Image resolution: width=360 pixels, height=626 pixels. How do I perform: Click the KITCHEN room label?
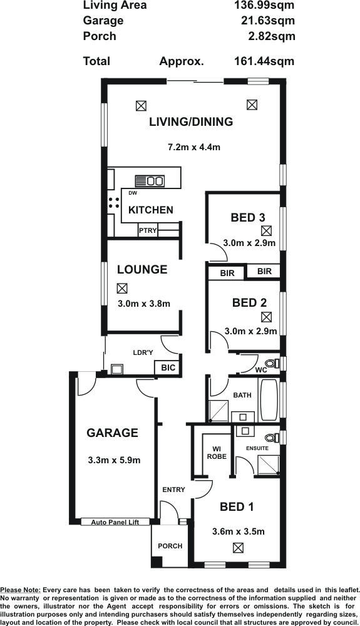[x=151, y=210]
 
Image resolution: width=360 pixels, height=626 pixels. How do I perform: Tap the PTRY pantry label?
[x=148, y=230]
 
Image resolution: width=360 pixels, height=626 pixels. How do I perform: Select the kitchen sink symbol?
[x=150, y=181]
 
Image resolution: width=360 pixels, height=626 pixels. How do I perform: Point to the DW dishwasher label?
[x=133, y=193]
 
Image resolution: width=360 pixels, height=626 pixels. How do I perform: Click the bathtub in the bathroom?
[x=269, y=400]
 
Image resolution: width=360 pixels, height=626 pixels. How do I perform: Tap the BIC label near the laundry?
[x=168, y=367]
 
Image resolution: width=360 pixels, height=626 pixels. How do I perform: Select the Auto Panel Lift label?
[x=115, y=522]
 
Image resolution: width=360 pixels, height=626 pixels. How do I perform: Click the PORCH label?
[x=170, y=546]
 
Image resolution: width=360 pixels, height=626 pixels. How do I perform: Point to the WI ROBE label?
[x=217, y=453]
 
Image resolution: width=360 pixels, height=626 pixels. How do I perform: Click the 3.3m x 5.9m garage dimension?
[x=114, y=460]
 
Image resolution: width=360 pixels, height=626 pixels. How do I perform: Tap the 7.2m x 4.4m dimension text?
[x=193, y=147]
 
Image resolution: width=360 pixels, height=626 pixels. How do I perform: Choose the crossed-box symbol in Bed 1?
[x=239, y=548]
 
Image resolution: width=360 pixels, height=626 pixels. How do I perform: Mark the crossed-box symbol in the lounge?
[x=122, y=288]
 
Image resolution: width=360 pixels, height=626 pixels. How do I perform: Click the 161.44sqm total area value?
[x=264, y=61]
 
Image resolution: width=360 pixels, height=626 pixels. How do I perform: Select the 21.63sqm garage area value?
[x=268, y=21]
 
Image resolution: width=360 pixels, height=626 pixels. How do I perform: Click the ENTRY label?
[x=173, y=490]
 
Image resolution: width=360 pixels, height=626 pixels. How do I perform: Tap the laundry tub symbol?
[x=117, y=369]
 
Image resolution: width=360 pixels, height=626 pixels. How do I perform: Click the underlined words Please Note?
[x=21, y=590]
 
